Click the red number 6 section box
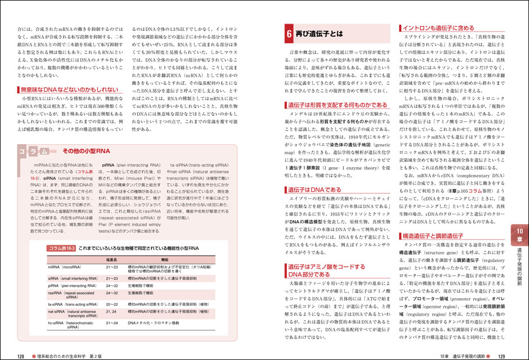coord(288,34)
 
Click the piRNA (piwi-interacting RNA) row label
coord(73,286)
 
